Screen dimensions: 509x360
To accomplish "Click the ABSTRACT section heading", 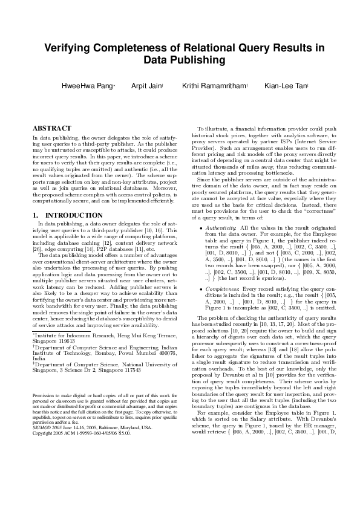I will pos(51,129).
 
